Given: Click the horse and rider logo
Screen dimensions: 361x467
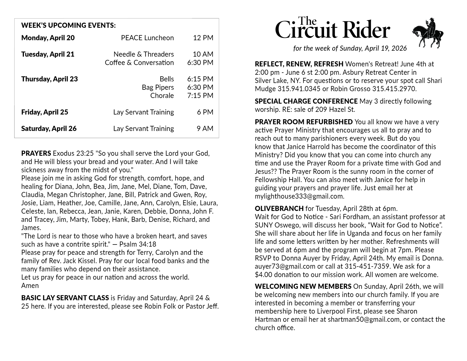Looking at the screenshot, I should pos(428,33).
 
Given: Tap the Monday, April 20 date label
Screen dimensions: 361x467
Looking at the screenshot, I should pos(48,38).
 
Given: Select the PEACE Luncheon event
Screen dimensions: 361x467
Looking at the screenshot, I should pos(147,38).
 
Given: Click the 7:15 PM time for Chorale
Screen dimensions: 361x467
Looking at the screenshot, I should pos(200,96).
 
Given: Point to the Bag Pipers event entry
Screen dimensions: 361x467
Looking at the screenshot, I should pos(158,87).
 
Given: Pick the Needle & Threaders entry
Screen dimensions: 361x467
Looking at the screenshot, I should pos(143,54).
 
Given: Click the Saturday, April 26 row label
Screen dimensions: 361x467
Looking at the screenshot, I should pos(49,128).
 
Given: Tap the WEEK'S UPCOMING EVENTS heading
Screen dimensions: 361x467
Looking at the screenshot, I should pos(68,25).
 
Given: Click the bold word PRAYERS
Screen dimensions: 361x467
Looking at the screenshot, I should pos(36,153).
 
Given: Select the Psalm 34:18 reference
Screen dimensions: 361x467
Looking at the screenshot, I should pos(138,244).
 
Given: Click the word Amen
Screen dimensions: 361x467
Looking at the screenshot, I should pos(30,285).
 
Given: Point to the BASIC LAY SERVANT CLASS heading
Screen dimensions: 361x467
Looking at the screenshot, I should pos(65,298).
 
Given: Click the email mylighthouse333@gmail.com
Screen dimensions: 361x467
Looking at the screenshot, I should pos(299,196).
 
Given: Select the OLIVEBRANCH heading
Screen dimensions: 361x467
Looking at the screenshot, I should pos(279,208).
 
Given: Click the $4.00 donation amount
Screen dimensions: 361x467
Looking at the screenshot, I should pos(264,275).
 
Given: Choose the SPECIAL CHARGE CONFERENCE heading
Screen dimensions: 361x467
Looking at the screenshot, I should pos(306,101).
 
